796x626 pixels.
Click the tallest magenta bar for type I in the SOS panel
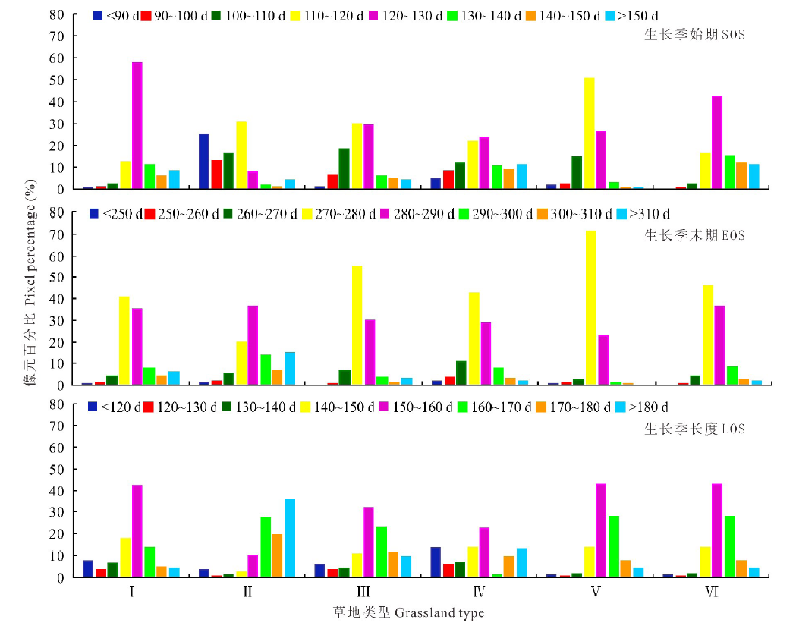(137, 125)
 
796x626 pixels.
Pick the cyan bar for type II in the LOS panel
(290, 538)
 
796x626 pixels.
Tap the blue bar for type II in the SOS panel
(204, 161)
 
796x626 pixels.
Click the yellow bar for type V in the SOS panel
(589, 133)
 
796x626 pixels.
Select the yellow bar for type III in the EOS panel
(357, 326)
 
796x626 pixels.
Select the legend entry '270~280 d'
(345, 214)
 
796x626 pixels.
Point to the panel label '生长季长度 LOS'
(694, 429)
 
